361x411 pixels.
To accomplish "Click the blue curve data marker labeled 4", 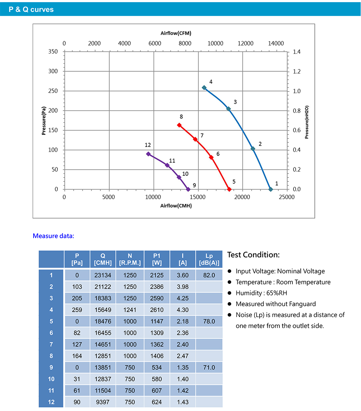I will coord(204,87).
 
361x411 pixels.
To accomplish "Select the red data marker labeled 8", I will coord(179,125).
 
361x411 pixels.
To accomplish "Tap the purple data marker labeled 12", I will coord(148,154).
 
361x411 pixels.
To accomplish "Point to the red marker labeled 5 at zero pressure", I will coord(229,189).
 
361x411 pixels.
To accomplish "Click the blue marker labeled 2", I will coord(253,149).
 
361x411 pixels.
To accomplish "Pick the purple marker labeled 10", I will coord(179,177).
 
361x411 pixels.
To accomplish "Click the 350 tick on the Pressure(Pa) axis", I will coord(53,52).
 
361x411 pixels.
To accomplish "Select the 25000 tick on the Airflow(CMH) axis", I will coord(286,197).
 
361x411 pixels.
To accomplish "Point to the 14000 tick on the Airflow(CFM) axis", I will coord(276,43).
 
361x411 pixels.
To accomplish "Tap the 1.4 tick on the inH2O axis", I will coord(297,52).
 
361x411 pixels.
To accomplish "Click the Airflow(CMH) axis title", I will coord(176,206).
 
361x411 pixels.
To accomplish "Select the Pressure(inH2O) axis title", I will coord(306,123).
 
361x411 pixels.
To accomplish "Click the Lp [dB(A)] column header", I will coord(209,259).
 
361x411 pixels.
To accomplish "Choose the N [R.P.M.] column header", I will coord(130,259).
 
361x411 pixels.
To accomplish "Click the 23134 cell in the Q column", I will coord(103,275).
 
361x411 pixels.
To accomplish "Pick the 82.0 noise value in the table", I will coord(209,275).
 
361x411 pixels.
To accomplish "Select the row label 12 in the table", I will coord(51,402).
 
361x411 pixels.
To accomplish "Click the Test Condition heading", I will coord(253,255).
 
